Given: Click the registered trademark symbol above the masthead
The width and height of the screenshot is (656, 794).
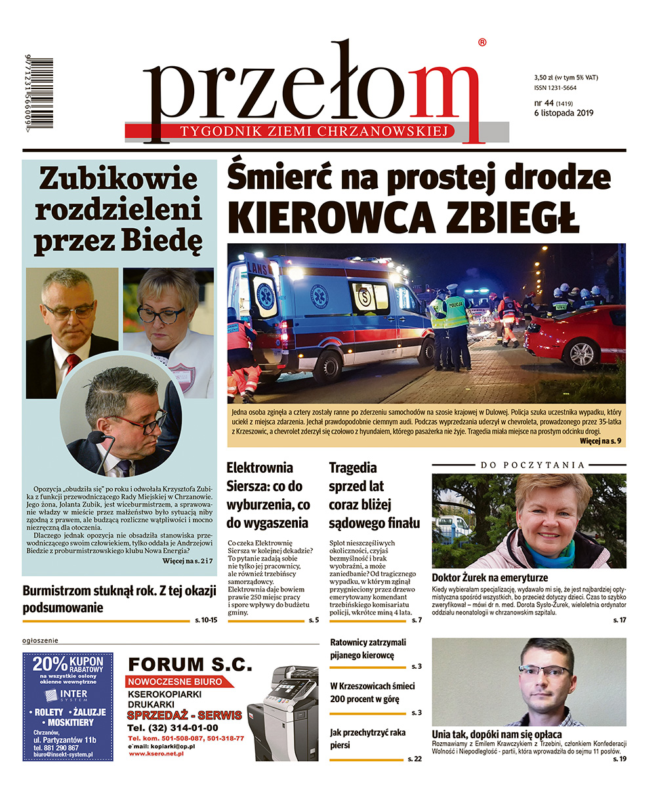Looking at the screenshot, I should (x=482, y=43).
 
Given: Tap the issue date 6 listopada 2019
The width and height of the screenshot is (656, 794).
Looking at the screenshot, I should (x=564, y=113).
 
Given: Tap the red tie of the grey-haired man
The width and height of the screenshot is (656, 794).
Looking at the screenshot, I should (x=73, y=361).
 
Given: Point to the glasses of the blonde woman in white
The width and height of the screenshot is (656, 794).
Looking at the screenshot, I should (x=161, y=315).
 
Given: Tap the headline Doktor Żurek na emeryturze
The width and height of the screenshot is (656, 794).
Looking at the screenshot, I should (x=489, y=578).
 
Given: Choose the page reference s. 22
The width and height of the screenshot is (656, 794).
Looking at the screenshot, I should (x=414, y=759).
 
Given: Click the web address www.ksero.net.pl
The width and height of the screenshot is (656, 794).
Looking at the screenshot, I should (x=155, y=754).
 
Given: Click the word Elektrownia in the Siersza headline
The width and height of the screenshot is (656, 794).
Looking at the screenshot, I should (x=259, y=468).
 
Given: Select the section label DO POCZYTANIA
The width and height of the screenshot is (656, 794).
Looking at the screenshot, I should (x=532, y=465).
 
